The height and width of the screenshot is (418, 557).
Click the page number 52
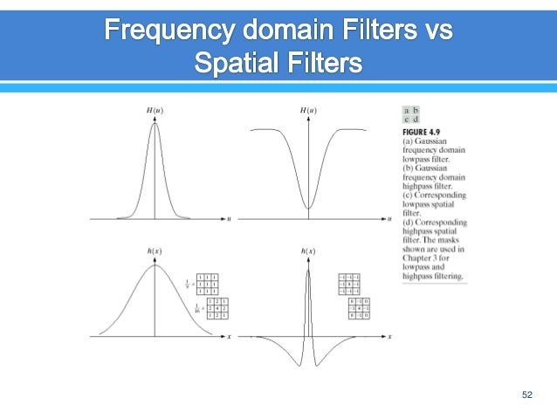pyautogui.click(x=526, y=395)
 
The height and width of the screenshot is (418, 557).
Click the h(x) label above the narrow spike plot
pyautogui.click(x=307, y=251)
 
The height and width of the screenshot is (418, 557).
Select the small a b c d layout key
pyautogui.click(x=411, y=115)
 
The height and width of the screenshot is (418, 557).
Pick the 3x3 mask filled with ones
pyautogui.click(x=208, y=284)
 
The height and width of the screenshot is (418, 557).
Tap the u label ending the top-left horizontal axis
pyautogui.click(x=229, y=219)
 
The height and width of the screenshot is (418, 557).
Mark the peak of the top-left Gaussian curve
pyautogui.click(x=155, y=123)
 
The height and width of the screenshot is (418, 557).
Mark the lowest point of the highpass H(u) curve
pyautogui.click(x=307, y=209)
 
